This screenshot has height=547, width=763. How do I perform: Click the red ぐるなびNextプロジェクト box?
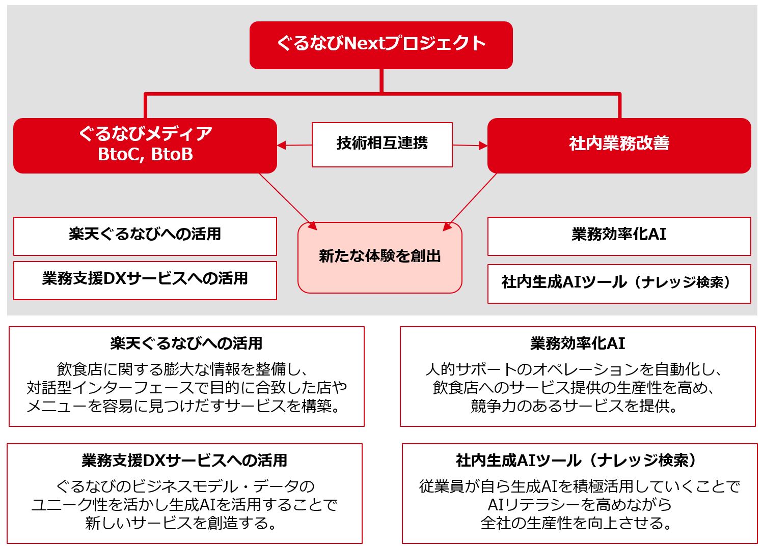[x=380, y=45]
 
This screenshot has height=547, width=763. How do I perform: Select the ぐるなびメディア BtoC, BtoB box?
[x=145, y=145]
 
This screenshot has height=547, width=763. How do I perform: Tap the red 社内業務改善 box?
[x=619, y=145]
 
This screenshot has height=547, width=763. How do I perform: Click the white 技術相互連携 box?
[x=382, y=144]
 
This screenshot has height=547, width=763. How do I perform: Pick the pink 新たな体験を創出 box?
[x=379, y=257]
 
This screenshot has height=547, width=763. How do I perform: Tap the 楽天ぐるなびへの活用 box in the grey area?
[x=145, y=236]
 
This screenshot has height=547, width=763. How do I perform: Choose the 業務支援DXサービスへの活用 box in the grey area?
[x=145, y=280]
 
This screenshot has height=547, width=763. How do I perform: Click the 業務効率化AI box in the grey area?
[x=619, y=236]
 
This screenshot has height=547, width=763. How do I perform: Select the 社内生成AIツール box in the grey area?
[x=619, y=283]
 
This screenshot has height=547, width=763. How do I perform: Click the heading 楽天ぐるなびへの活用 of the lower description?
[x=186, y=343]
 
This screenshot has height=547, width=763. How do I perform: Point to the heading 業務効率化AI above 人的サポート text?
[x=577, y=343]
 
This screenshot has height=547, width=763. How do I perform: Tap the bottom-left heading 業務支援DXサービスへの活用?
[x=184, y=460]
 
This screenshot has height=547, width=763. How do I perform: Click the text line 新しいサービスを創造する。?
[x=184, y=523]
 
